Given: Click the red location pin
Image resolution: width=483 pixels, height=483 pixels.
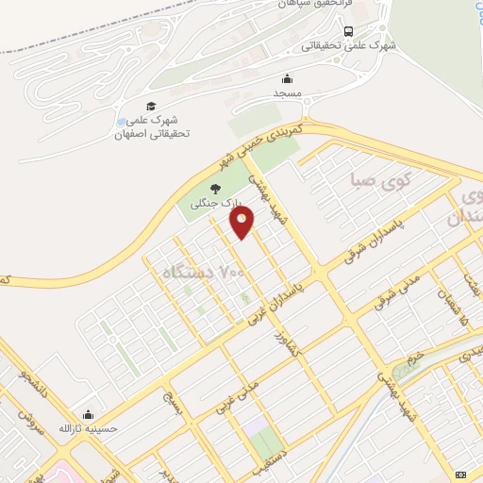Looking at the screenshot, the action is point(242,223).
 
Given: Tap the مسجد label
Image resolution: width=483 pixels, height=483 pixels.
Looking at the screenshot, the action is point(287,94).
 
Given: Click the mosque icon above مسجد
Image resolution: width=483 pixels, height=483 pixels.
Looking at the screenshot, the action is point(287,78).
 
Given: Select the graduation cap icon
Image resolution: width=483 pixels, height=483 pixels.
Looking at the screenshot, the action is point(150,106).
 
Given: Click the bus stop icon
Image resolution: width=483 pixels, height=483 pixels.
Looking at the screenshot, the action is point(349,30).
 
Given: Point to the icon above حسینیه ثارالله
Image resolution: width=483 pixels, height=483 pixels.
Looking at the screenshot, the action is point(88,413).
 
